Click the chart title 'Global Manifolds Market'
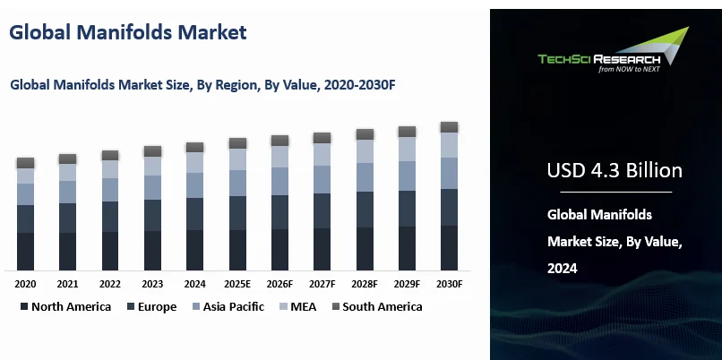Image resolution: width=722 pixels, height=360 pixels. click(x=127, y=32)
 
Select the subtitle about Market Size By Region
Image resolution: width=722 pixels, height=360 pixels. click(x=202, y=85)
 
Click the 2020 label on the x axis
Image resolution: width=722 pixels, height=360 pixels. click(x=25, y=284)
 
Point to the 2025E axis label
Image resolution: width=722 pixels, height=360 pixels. click(x=237, y=284)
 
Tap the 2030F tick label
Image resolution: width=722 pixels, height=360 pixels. click(x=449, y=284)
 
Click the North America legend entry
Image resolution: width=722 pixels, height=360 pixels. click(x=64, y=306)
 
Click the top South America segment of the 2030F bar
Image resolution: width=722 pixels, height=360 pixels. click(x=449, y=127)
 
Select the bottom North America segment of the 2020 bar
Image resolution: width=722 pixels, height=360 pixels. click(x=25, y=251)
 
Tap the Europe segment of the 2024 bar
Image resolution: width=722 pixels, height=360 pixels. click(x=194, y=214)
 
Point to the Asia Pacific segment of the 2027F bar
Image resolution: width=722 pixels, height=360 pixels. click(x=322, y=179)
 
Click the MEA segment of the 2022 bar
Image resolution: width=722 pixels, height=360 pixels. click(x=110, y=168)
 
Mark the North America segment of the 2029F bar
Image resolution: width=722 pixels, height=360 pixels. click(x=407, y=248)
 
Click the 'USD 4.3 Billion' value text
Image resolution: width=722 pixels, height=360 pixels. click(x=615, y=170)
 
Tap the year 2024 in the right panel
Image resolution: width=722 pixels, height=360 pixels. click(x=563, y=268)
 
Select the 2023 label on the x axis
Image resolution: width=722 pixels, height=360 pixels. click(x=152, y=284)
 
